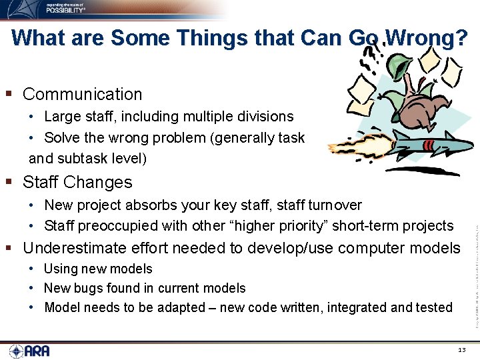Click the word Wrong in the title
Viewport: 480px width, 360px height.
coord(426,38)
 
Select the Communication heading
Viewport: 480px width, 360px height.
coord(82,94)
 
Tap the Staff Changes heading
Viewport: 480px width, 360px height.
coord(77,182)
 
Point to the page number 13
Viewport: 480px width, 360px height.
coord(462,350)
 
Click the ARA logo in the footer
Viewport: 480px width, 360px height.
coord(29,351)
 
